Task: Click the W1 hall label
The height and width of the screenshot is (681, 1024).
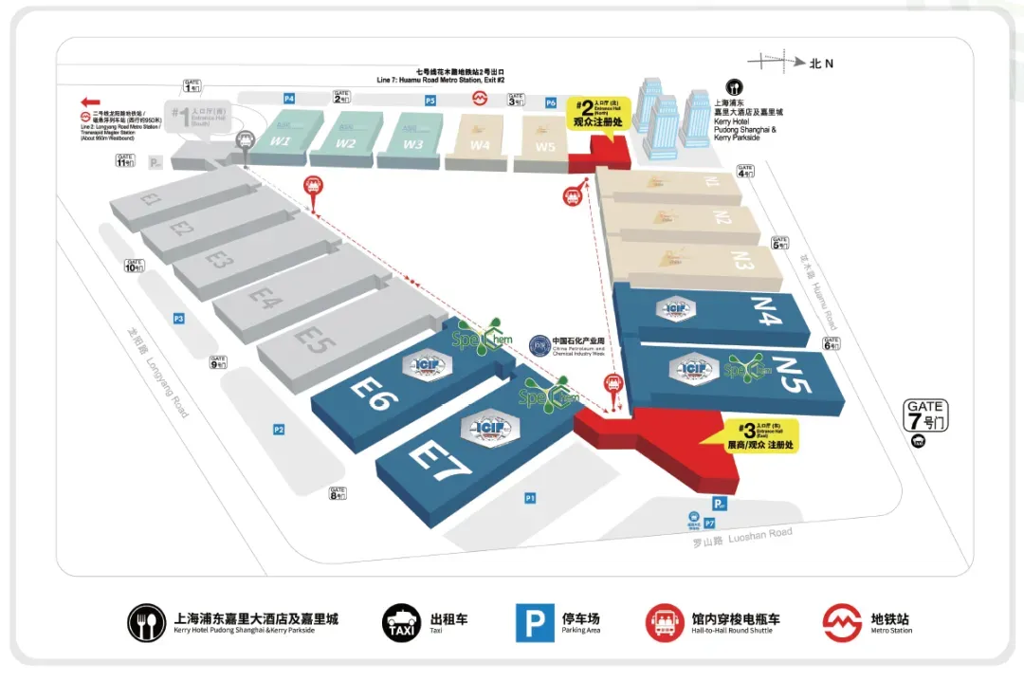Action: tap(281, 141)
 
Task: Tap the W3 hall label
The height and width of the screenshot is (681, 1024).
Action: tap(412, 144)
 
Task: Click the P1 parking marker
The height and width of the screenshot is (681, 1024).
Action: tap(530, 497)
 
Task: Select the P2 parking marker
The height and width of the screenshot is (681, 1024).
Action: tap(279, 430)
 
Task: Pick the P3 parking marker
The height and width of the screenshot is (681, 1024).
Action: tap(177, 319)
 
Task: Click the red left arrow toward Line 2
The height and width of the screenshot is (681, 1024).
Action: tap(91, 102)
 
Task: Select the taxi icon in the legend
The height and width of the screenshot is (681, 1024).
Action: tap(401, 623)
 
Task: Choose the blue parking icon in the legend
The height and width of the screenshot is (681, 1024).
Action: tap(535, 623)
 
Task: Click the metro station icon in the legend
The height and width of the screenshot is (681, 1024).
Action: tap(842, 623)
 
